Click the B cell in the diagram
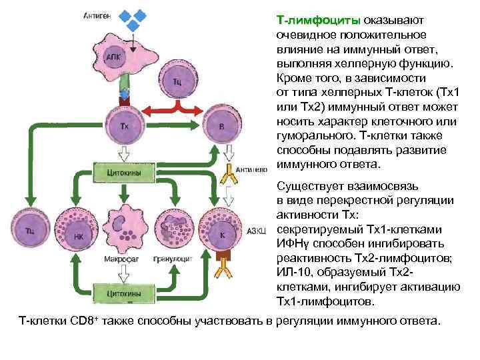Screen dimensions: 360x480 click(x=221, y=125)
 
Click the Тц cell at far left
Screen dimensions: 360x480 click(x=30, y=230)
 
